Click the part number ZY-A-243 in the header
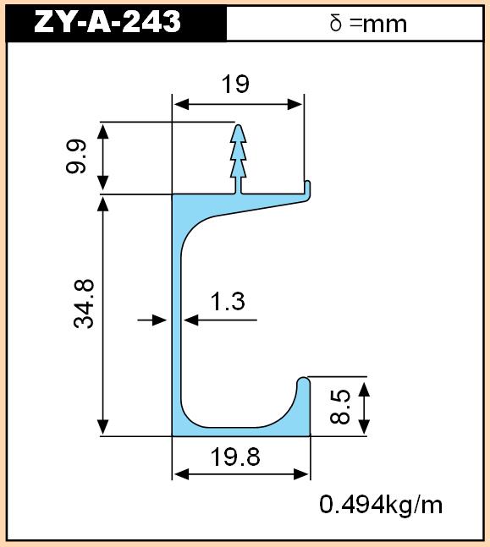point(107,22)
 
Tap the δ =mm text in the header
point(368,24)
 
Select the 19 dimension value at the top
point(235,84)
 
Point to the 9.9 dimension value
point(75,156)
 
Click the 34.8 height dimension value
point(84,304)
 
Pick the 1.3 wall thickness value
point(228,302)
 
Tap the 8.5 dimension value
point(340,407)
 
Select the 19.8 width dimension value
point(235,457)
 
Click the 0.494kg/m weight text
point(381,505)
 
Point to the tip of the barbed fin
point(239,125)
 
